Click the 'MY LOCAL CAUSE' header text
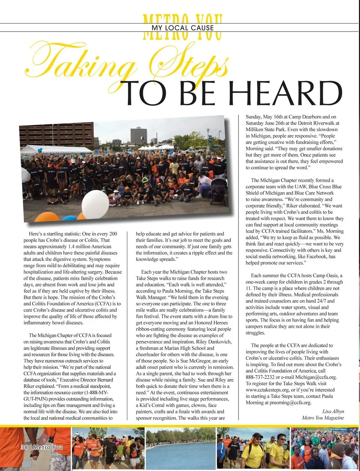[183, 28]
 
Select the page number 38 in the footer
[24, 447]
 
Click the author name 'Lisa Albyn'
[333, 411]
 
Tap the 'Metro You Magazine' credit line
[323, 418]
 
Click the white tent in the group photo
[56, 150]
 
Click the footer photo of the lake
[180, 448]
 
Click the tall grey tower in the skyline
[138, 136]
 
